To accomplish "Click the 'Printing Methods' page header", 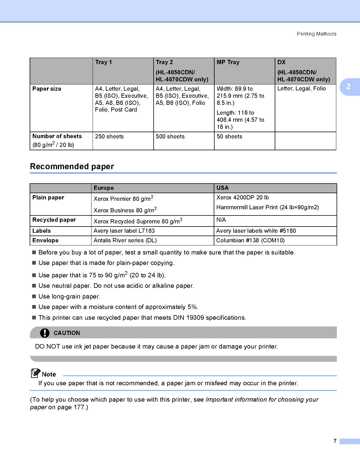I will [x=317, y=34].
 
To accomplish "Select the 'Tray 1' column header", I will [x=104, y=62].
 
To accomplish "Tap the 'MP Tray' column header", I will [x=228, y=62].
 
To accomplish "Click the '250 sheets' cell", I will [x=109, y=136].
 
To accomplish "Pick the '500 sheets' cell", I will [x=170, y=136].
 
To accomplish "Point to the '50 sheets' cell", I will [x=229, y=136].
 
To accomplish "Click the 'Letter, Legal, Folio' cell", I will [x=302, y=88].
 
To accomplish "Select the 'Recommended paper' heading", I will [x=72, y=166].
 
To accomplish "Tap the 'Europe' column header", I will [x=104, y=188].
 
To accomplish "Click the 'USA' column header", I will [x=222, y=188].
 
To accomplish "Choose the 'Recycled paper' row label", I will [x=54, y=220].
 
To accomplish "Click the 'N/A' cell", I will [x=221, y=220].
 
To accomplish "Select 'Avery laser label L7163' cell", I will [x=124, y=231].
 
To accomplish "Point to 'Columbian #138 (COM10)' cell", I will [x=250, y=240].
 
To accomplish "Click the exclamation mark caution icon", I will [x=45, y=333].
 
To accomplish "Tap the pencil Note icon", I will [x=36, y=373].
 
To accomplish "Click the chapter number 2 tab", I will [x=348, y=86].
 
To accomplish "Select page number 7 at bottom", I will [x=335, y=441].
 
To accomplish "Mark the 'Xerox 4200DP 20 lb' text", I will [x=243, y=197].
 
